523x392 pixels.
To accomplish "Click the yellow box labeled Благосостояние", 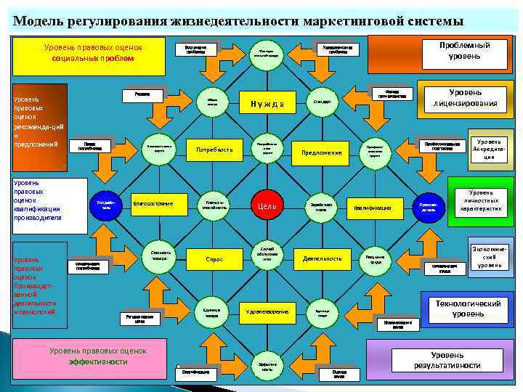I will (x=153, y=204).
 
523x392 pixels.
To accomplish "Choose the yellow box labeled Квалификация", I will (x=373, y=208).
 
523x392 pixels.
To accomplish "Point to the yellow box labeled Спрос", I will (x=214, y=258).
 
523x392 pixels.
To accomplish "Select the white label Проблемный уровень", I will (x=469, y=50).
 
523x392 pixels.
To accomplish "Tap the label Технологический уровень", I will (x=469, y=309).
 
